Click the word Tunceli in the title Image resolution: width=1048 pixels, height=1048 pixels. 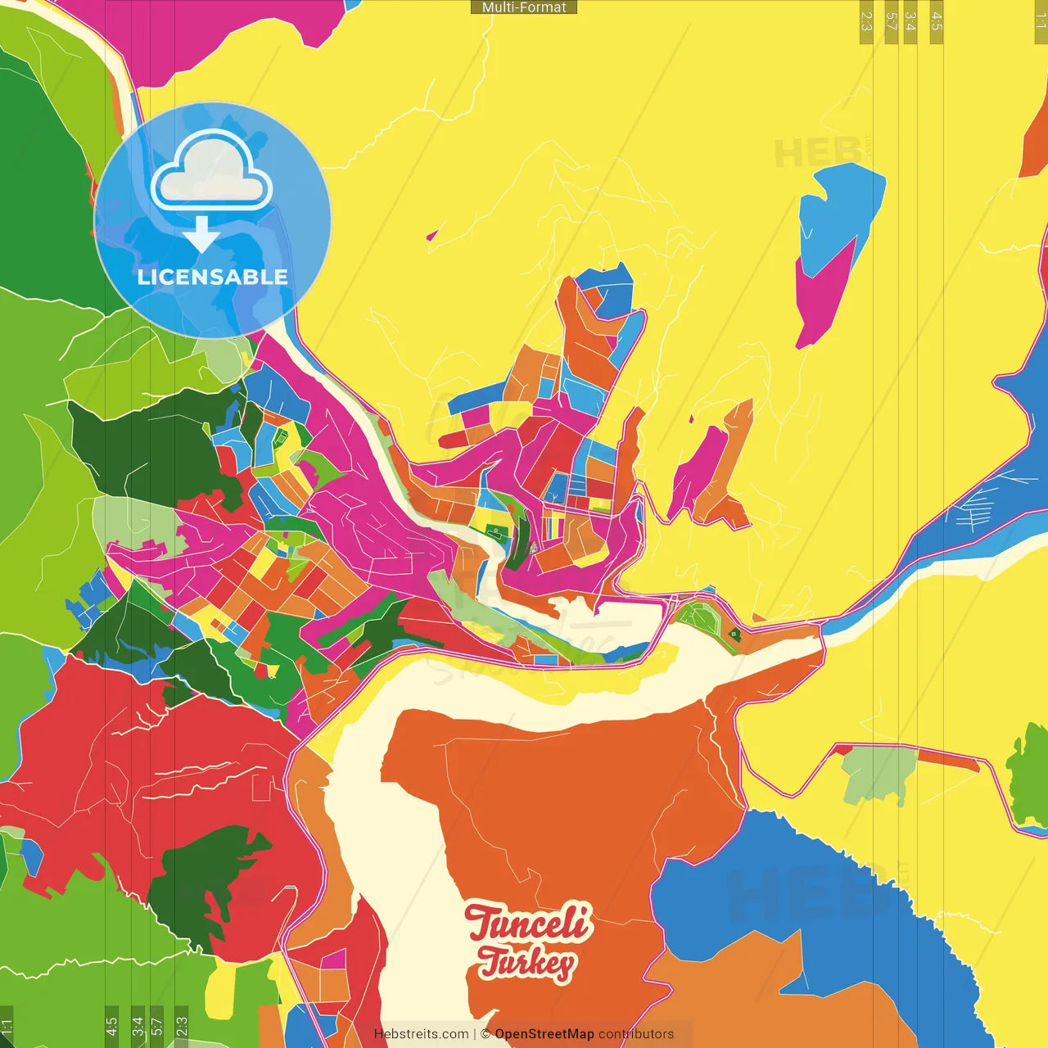527,923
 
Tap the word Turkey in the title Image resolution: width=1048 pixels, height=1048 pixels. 526,963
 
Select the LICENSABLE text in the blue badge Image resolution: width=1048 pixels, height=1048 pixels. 213,277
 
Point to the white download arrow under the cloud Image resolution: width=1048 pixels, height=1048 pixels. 201,235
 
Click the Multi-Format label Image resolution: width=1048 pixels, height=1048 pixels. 524,7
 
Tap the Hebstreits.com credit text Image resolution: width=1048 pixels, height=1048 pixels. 421,1034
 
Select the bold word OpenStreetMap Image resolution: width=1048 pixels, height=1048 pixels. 544,1034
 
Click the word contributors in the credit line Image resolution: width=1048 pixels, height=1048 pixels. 636,1034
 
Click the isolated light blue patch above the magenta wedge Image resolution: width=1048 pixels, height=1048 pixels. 839,213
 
